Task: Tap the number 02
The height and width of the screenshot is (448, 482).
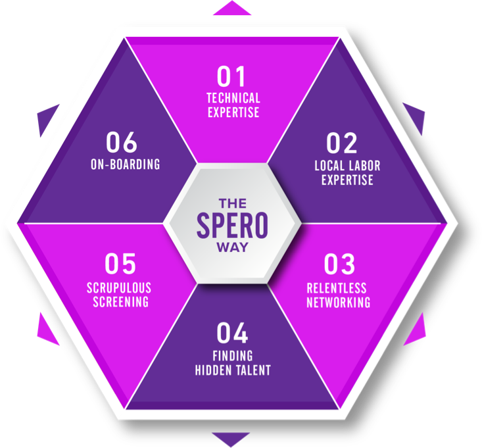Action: coord(341,143)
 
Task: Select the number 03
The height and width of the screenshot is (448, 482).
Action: coord(339,264)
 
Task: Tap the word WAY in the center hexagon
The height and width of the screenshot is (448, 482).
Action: coord(233,249)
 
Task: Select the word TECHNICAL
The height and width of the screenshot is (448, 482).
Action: coord(233,98)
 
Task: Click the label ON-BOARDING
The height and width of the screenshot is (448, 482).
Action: coord(124,164)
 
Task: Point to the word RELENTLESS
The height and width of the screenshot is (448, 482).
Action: coord(337,288)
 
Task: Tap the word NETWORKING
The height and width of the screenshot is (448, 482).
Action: coord(338,303)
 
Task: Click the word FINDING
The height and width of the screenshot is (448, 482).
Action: coord(233,356)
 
